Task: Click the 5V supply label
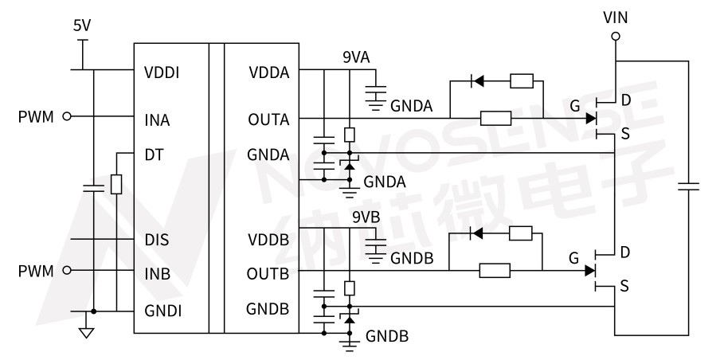click(x=82, y=26)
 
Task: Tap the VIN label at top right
click(x=615, y=17)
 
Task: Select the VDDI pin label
click(x=162, y=72)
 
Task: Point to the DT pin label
click(x=154, y=155)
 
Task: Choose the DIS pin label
click(x=156, y=238)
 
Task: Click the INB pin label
click(x=157, y=273)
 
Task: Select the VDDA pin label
click(x=268, y=72)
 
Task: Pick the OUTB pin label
click(x=268, y=273)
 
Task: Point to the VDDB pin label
click(x=268, y=238)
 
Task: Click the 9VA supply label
click(x=356, y=57)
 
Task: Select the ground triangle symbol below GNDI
click(x=85, y=332)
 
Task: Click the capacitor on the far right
click(x=688, y=187)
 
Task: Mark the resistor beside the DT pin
click(x=116, y=185)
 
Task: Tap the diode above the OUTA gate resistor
click(x=478, y=80)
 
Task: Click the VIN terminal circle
click(x=615, y=36)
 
